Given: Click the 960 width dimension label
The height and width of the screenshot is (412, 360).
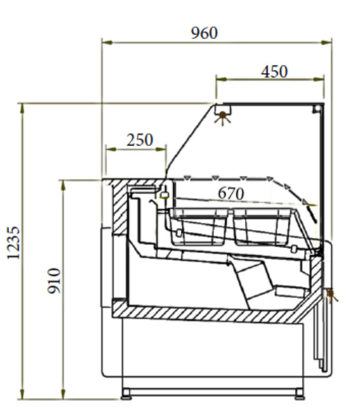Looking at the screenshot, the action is click(204, 33).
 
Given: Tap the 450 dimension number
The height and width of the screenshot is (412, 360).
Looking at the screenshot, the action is click(275, 72).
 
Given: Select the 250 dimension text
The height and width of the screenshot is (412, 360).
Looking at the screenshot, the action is click(140, 140).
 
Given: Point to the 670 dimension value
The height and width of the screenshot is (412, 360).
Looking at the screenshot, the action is click(231, 194).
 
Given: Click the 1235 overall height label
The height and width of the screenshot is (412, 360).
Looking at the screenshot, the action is click(13, 243).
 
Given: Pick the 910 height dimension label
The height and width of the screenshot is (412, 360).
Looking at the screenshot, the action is click(54, 281).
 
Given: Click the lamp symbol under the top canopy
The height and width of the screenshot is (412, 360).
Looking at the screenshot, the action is click(223, 118).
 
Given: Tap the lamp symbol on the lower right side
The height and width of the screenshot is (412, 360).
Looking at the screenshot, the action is click(331, 295).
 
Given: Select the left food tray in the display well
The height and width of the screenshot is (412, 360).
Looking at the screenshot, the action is click(199, 227).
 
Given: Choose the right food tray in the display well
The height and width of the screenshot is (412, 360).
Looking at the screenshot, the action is click(262, 227).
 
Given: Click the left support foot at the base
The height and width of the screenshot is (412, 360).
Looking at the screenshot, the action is click(126, 394).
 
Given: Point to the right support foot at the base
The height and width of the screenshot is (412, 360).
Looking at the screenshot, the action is click(299, 394).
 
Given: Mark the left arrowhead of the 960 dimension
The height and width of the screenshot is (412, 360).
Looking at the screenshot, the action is click(107, 42).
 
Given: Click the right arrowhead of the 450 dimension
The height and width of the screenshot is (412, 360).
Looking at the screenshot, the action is click(319, 79).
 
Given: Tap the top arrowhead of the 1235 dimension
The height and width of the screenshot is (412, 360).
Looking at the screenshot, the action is click(22, 108).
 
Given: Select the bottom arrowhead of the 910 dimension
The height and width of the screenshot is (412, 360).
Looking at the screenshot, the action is click(63, 394).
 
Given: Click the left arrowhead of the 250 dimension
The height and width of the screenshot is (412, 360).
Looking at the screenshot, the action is click(111, 149).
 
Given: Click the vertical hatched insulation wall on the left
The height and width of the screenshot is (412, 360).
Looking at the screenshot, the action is click(120, 208).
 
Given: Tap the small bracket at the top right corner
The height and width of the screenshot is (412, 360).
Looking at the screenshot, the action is click(316, 109).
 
